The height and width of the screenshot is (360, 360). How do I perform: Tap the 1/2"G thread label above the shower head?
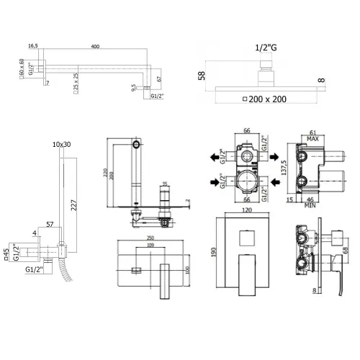(266, 48)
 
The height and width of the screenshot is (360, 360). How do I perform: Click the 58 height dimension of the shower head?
(202, 74)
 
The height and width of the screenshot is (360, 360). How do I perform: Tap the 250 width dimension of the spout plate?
(149, 239)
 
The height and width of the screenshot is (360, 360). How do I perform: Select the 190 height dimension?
(214, 251)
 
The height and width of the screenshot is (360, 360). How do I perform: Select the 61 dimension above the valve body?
(315, 132)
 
